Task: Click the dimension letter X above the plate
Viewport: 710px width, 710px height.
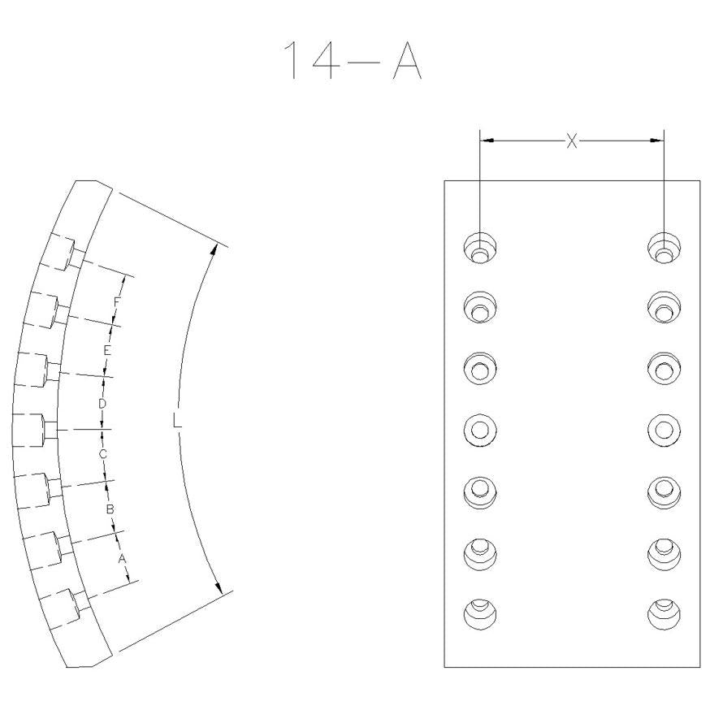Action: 572,141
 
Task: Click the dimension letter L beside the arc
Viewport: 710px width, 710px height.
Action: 177,422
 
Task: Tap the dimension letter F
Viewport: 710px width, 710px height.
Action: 117,301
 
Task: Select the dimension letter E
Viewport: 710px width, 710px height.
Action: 107,350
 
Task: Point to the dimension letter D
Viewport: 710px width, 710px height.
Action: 102,403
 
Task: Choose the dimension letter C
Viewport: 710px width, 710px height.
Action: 103,454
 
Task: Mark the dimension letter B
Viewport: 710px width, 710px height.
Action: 110,509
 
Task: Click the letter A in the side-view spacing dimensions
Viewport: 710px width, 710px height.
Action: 122,559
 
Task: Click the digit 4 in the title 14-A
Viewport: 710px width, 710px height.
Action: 326,60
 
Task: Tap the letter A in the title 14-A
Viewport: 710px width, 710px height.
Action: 408,60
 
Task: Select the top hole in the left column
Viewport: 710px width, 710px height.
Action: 480,248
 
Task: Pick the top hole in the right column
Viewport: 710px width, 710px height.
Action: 664,248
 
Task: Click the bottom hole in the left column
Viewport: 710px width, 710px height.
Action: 480,614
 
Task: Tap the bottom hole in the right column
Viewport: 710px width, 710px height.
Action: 664,614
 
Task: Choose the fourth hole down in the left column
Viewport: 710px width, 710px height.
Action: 480,429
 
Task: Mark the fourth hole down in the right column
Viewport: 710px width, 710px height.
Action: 664,429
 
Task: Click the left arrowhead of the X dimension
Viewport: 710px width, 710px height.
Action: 487,141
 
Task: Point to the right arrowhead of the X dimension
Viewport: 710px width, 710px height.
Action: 657,141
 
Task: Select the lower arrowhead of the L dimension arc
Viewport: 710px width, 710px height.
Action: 219,587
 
